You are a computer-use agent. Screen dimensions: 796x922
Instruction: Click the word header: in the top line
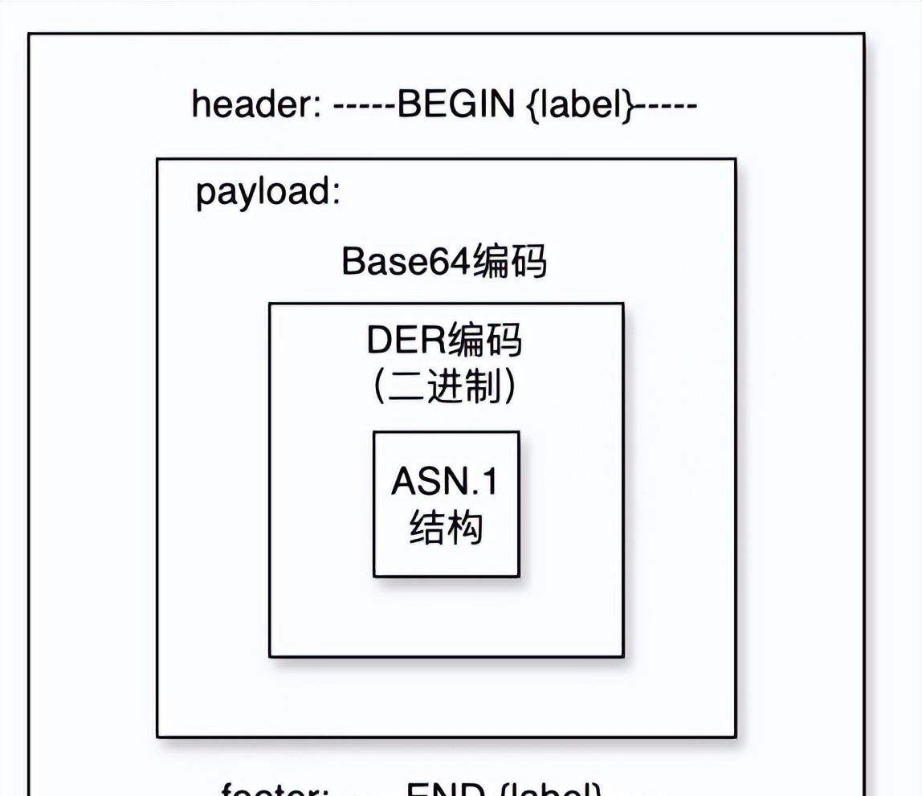click(x=256, y=104)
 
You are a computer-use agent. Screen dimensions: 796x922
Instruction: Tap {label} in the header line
click(x=579, y=104)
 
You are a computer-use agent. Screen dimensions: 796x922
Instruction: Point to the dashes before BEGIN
click(x=364, y=105)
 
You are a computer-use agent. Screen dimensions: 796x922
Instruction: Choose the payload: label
click(x=268, y=193)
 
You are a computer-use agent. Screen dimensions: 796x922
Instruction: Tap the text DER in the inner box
click(x=406, y=341)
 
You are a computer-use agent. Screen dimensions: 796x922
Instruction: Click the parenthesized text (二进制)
click(x=444, y=388)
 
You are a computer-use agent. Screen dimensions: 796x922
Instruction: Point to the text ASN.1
click(x=444, y=482)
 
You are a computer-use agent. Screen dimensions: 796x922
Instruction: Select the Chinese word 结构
click(x=446, y=529)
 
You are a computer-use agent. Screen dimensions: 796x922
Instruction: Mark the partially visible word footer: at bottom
click(x=274, y=790)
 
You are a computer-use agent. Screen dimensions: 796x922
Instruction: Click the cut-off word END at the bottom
click(x=445, y=790)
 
